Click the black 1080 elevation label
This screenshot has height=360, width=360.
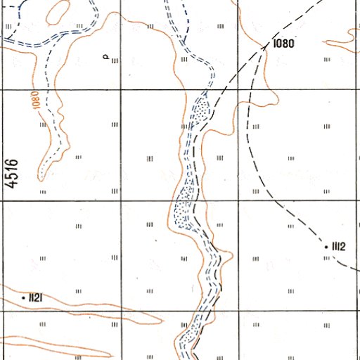(283, 43)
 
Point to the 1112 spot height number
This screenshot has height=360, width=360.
(338, 246)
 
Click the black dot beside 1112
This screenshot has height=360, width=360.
(326, 247)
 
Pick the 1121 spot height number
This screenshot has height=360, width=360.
(37, 298)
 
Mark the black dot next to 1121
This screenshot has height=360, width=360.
(24, 298)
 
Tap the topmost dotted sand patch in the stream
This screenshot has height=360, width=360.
(202, 110)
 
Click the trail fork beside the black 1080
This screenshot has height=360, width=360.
(266, 47)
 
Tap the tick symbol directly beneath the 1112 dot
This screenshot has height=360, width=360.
(326, 257)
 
